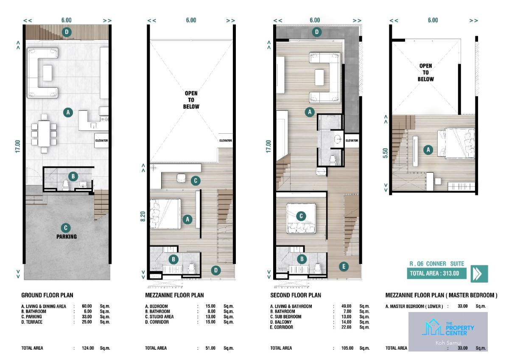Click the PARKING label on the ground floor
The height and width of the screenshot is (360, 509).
click(x=67, y=236)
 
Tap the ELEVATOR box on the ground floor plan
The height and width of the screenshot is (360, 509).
click(x=101, y=141)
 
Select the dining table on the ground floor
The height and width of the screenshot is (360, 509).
click(x=44, y=133)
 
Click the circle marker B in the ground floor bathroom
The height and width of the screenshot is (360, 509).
click(x=73, y=176)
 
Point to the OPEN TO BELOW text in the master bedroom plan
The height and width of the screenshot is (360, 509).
click(x=425, y=73)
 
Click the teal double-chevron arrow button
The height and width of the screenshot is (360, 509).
click(x=479, y=273)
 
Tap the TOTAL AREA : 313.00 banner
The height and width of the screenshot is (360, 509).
click(x=436, y=273)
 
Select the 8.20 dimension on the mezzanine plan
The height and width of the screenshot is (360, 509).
click(x=143, y=216)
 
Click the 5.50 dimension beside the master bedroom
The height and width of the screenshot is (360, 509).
click(x=385, y=153)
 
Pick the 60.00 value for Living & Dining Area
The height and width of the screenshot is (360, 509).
click(x=87, y=306)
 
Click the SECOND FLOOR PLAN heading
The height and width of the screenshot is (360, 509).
click(x=296, y=295)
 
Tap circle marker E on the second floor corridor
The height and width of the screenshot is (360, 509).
click(x=344, y=267)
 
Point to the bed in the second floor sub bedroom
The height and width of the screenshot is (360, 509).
click(x=301, y=218)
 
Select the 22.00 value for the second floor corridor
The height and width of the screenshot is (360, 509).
click(x=346, y=327)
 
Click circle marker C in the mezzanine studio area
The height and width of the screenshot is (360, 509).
click(x=196, y=180)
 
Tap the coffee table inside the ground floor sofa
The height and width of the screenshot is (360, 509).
click(x=47, y=73)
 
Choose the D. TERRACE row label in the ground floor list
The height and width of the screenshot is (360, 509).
click(x=32, y=322)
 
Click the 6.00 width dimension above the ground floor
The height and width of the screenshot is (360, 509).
click(x=66, y=20)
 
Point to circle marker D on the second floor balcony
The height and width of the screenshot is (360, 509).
click(x=317, y=32)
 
